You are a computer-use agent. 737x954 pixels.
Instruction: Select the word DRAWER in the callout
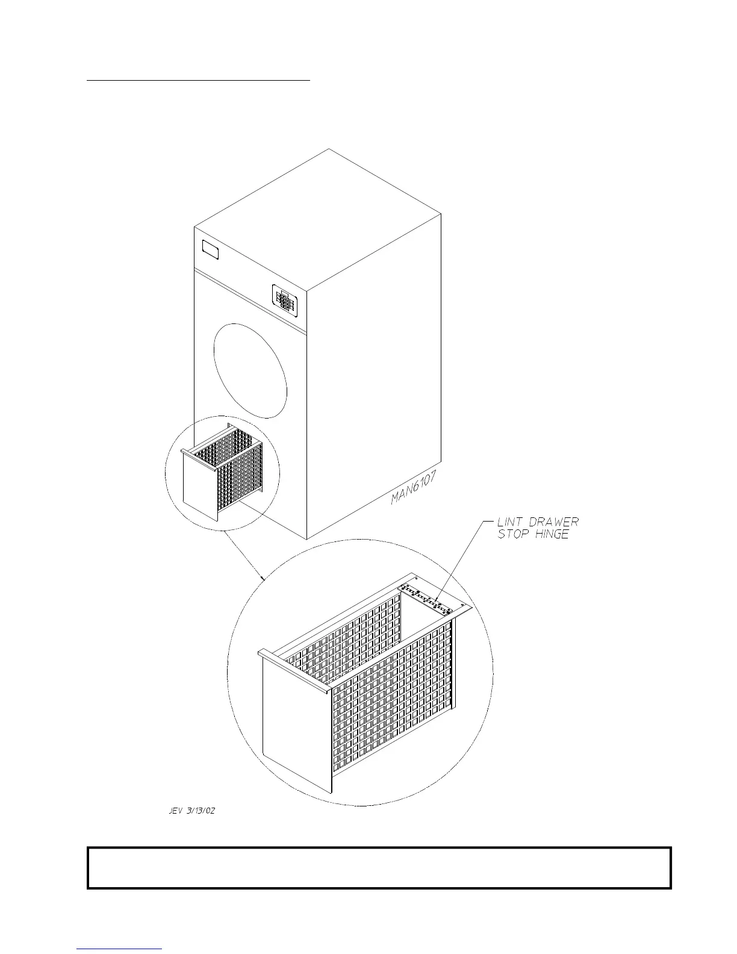point(554,522)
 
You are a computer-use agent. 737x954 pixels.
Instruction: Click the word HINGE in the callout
point(552,534)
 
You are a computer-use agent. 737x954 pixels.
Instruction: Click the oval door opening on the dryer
point(250,370)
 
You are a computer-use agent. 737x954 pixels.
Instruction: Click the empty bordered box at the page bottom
point(379,868)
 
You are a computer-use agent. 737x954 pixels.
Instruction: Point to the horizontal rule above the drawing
point(198,79)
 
